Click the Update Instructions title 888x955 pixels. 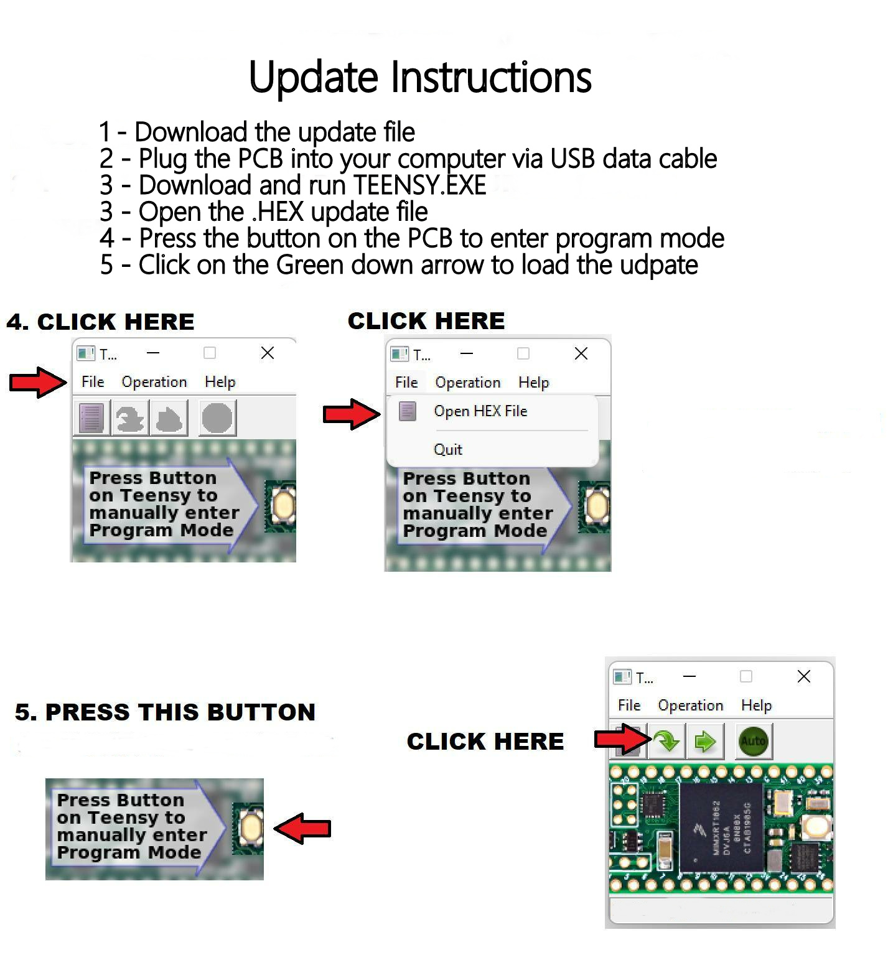pyautogui.click(x=420, y=77)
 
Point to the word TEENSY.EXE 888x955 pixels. pyautogui.click(x=419, y=185)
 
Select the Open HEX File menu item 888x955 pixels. pyautogui.click(x=480, y=411)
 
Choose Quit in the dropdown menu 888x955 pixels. pyautogui.click(x=447, y=449)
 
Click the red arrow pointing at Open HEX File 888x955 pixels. pyautogui.click(x=350, y=414)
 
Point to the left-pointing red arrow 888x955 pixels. pyautogui.click(x=303, y=828)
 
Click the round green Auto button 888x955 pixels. pyautogui.click(x=753, y=741)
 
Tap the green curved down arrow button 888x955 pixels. pyautogui.click(x=666, y=741)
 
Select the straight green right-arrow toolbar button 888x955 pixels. pyautogui.click(x=704, y=741)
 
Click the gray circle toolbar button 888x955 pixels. pyautogui.click(x=217, y=417)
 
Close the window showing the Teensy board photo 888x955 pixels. pyautogui.click(x=803, y=676)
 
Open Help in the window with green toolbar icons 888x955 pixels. pyautogui.click(x=756, y=706)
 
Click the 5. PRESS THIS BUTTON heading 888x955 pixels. pyautogui.click(x=165, y=712)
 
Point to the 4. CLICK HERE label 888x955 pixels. pyautogui.click(x=100, y=322)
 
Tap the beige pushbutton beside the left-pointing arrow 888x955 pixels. pyautogui.click(x=251, y=828)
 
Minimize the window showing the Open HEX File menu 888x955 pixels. pyautogui.click(x=467, y=354)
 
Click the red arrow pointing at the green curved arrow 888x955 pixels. pyautogui.click(x=621, y=739)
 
